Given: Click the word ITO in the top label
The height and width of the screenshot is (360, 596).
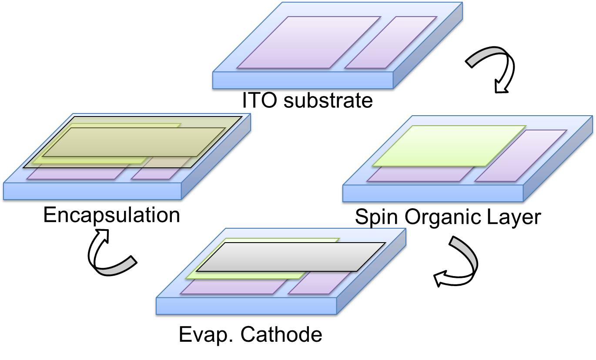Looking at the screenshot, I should pyautogui.click(x=259, y=100).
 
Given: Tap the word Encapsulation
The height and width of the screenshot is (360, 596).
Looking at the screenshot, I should pyautogui.click(x=111, y=215).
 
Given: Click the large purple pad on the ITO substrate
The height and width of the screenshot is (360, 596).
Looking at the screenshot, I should pyautogui.click(x=309, y=42).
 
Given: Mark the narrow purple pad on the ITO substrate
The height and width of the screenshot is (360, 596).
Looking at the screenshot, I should pyautogui.click(x=391, y=42).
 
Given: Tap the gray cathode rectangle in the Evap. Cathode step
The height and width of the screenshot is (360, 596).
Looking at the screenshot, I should pyautogui.click(x=291, y=257).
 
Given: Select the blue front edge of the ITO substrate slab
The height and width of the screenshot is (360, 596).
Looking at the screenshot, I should pyautogui.click(x=303, y=80).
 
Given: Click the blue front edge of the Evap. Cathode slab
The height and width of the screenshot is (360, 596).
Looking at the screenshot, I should pyautogui.click(x=246, y=306).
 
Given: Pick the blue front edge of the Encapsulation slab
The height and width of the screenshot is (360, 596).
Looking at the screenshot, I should pyautogui.click(x=91, y=191).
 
